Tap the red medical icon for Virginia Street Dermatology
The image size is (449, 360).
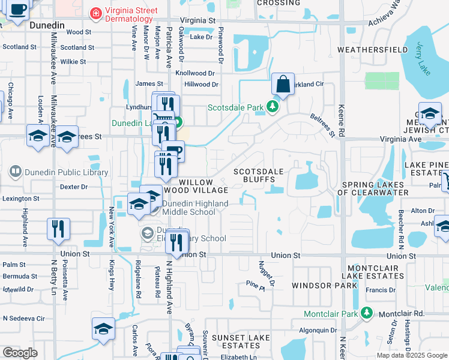[x=94, y=13]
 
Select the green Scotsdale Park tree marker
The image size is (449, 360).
[x=273, y=107]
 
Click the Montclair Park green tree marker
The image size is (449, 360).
[x=366, y=313]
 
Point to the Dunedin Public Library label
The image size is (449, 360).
[x=67, y=172]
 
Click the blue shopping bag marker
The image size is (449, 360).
[x=282, y=85]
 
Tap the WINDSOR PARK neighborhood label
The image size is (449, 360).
[x=317, y=286]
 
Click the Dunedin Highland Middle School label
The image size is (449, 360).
[x=189, y=208]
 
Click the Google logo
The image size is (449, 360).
[x=20, y=353]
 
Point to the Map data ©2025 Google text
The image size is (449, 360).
[x=412, y=355]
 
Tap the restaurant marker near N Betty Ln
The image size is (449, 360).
[x=58, y=229]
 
